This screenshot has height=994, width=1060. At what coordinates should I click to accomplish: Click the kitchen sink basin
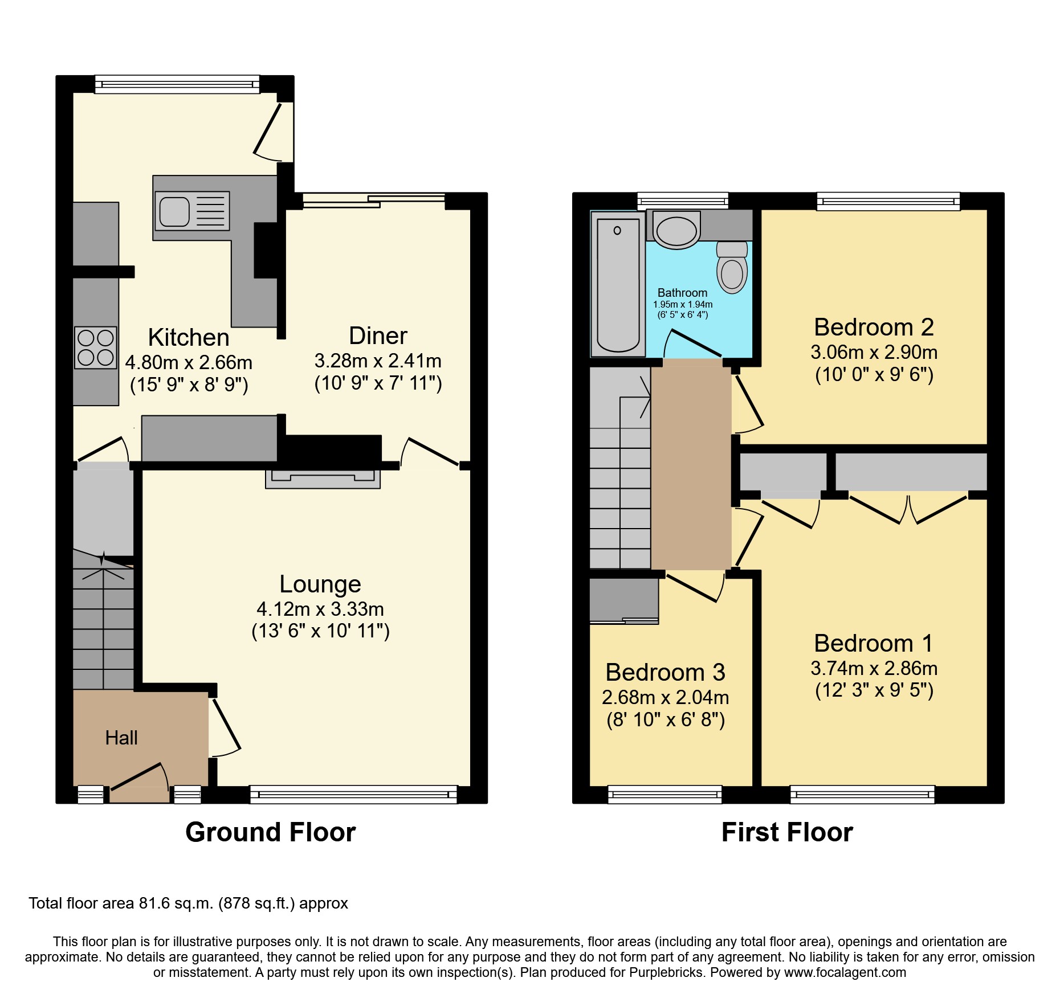click(x=174, y=211)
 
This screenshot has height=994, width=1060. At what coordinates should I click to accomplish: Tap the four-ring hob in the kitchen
click(x=96, y=347)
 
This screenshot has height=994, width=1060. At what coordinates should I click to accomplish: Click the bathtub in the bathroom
click(x=618, y=285)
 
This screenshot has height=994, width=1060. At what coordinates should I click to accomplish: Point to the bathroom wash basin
click(x=676, y=231)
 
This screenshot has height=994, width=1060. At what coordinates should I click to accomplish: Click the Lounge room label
click(x=320, y=584)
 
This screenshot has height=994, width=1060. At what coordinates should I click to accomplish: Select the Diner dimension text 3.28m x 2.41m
click(x=378, y=361)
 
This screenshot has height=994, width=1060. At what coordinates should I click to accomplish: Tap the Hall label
click(x=121, y=738)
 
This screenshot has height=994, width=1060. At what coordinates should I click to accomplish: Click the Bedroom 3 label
click(x=665, y=673)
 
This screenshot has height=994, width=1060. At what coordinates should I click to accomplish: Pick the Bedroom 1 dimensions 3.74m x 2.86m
click(x=874, y=668)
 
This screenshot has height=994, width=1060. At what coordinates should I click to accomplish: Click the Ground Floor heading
click(x=270, y=832)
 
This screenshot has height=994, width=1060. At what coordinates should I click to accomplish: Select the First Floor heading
click(x=787, y=832)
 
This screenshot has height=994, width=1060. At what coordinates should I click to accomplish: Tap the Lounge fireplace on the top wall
click(x=323, y=478)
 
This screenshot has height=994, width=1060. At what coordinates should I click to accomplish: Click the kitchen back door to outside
click(x=274, y=131)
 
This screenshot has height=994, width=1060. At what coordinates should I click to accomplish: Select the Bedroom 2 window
click(x=888, y=201)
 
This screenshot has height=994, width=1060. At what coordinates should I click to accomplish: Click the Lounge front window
click(x=353, y=794)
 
